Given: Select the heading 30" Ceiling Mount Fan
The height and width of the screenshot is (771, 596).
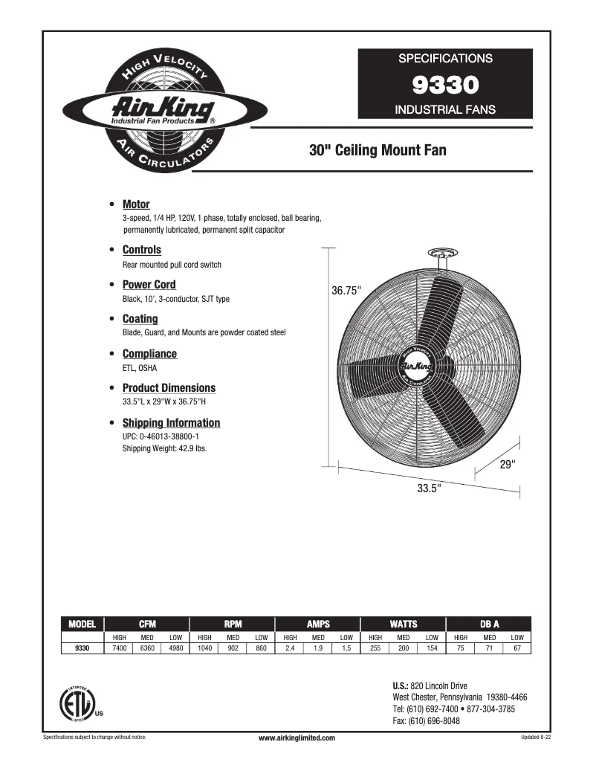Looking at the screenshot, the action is (378, 151).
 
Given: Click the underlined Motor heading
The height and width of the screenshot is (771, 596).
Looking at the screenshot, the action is (136, 204).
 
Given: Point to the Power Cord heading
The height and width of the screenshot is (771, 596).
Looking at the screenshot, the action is (149, 285).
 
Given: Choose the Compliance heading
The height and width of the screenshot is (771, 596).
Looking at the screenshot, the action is (149, 354).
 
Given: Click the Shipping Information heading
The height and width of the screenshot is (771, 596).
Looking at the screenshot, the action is (171, 423).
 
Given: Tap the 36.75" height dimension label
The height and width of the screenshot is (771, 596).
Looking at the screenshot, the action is (346, 291).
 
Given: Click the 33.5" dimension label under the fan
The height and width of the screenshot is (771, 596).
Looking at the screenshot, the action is (429, 488).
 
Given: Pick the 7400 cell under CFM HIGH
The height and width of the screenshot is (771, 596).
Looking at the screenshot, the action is (119, 648).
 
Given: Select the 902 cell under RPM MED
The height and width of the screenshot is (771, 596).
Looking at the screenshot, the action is (233, 648).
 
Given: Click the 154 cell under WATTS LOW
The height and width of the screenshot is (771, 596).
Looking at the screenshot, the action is (432, 648).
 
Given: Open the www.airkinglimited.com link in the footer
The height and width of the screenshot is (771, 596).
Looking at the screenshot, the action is (297, 738).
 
